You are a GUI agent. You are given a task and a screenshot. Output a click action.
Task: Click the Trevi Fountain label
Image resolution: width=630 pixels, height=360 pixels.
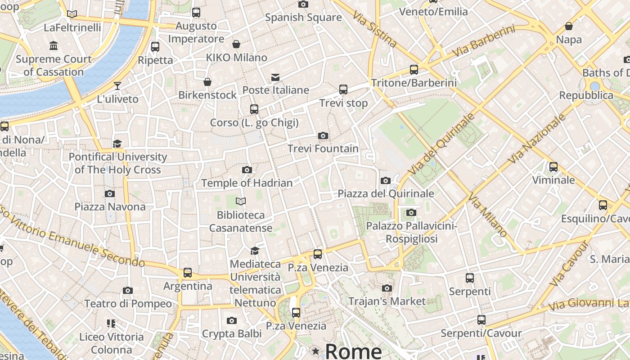pos(323,148)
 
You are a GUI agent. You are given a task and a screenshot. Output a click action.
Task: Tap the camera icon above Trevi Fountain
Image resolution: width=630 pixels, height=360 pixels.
pos(323,135)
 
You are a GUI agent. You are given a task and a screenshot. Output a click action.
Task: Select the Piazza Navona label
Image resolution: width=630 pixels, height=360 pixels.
pos(110,207)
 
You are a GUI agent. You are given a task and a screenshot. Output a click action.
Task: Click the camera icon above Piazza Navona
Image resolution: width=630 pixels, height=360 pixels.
pos(109,194)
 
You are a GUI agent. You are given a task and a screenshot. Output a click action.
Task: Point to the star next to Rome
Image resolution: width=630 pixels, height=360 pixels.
pos(316,351)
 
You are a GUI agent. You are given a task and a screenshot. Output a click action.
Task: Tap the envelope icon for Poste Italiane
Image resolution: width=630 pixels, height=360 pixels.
pos(275,77)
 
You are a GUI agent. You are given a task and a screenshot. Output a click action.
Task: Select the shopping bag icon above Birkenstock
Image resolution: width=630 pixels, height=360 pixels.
pos(207,82)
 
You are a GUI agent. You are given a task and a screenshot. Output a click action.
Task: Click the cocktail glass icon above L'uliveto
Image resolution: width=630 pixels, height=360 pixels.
pos(117,85)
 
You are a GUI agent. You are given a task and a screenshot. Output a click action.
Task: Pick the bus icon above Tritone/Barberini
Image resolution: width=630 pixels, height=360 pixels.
pos(414,70)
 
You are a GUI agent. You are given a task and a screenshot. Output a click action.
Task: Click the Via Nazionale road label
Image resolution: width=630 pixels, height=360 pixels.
pos(536,139)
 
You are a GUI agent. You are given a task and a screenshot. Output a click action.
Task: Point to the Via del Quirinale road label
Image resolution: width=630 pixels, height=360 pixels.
pos(441,144)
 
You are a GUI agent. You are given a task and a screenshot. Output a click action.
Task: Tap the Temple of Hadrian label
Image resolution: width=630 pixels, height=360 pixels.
pos(247,183)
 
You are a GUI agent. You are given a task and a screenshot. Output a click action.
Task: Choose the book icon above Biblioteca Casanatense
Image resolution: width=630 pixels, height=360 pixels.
pos(241,201)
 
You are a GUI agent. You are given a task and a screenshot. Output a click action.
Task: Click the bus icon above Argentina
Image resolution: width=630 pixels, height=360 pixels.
pos(188,273)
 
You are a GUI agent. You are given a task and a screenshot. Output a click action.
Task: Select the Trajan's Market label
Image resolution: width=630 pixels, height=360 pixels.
pos(387,301)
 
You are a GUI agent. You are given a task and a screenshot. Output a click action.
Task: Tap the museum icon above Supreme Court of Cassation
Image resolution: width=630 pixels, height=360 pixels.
pos(54,45)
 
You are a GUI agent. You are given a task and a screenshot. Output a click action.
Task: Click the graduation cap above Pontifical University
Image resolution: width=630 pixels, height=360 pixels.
pos(117,144)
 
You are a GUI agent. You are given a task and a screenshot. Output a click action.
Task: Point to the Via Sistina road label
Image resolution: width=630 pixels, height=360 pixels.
pos(375,29)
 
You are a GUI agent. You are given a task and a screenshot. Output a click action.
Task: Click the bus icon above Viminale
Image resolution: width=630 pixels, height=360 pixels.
pos(553,167)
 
